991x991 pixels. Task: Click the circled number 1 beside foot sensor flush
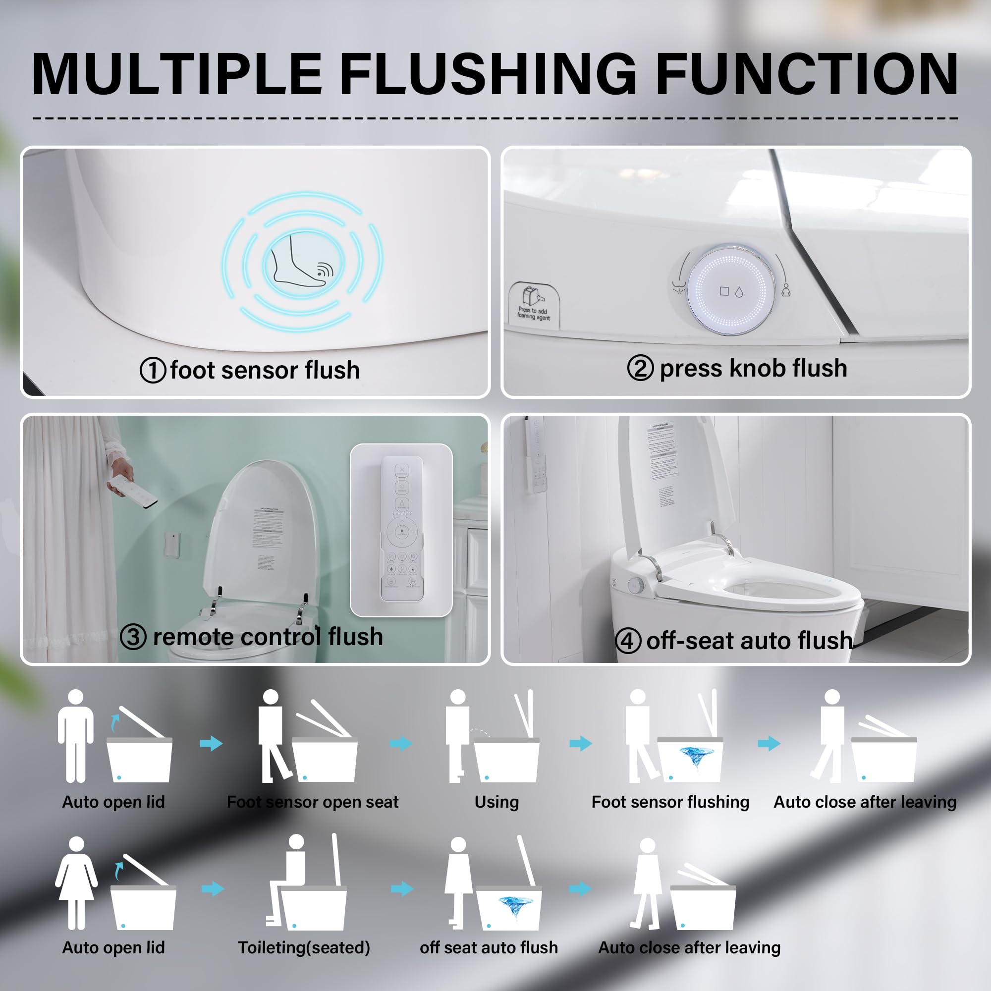152,370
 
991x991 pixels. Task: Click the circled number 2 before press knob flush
640,368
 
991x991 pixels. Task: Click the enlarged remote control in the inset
402,528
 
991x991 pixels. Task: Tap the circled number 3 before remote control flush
133,637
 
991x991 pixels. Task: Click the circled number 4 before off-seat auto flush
628,641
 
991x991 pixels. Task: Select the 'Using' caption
496,802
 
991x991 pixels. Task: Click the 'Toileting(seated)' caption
304,947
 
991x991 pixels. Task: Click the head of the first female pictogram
76,844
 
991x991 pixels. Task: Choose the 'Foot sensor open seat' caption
312,802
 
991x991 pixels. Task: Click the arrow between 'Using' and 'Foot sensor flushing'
581,743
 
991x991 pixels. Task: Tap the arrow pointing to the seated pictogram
213,888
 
